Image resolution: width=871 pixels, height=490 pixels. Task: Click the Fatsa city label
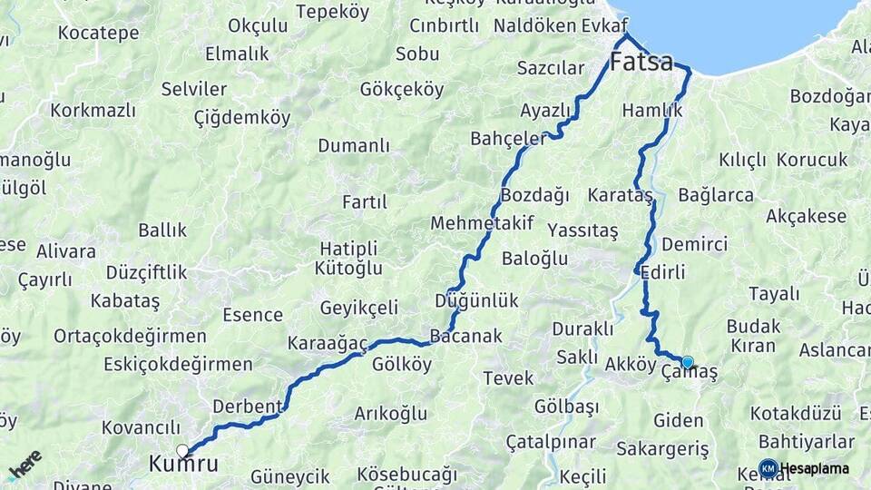tap(641, 63)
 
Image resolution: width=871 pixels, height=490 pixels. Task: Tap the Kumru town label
tap(183, 465)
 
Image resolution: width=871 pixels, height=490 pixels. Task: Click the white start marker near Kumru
tap(182, 450)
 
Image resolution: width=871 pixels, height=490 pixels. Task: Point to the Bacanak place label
tap(465, 336)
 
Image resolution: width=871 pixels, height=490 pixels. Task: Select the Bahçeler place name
tap(508, 138)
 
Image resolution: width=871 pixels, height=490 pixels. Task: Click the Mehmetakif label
tap(482, 223)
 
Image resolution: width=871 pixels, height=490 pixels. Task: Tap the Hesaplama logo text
tap(814, 469)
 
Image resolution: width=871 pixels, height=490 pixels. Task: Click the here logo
tap(24, 465)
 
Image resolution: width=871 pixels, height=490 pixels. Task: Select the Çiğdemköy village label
tap(242, 117)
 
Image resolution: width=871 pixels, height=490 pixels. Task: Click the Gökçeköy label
tap(402, 90)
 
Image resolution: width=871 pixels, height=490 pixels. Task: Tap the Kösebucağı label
tap(406, 474)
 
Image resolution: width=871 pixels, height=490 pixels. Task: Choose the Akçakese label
tap(806, 217)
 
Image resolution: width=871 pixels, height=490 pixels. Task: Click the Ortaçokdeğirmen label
tap(130, 336)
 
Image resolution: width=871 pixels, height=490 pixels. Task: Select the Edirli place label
tap(662, 272)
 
